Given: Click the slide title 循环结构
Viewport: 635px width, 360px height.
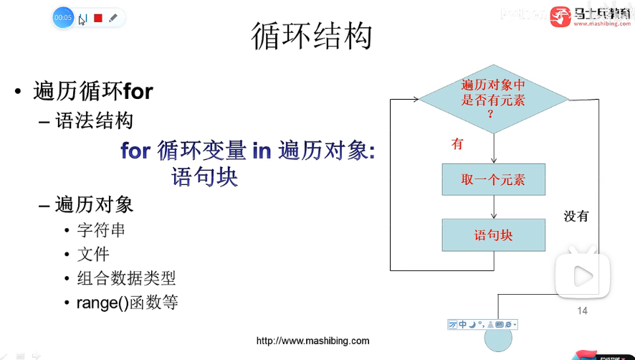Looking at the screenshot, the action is [312, 36].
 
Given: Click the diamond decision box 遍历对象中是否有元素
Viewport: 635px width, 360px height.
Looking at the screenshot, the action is [493, 99].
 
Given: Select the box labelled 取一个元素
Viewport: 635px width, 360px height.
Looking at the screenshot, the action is [493, 179].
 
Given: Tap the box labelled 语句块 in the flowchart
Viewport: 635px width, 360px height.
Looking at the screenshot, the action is [493, 235].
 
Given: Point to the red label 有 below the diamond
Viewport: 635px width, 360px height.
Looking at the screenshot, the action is [457, 144].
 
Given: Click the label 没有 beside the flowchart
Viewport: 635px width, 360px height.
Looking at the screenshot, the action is [576, 215].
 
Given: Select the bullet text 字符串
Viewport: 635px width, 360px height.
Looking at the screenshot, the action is [101, 231].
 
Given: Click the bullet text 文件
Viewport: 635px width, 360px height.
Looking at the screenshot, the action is [93, 254].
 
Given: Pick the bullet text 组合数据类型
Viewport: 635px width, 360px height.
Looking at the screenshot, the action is [126, 278].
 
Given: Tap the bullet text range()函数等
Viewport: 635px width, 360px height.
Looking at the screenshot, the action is [127, 302].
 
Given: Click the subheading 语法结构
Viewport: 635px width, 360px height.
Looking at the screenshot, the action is [95, 120].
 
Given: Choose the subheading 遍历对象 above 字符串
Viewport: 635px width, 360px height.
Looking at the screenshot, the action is [95, 204].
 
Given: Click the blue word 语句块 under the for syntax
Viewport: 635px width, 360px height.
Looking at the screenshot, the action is [204, 176].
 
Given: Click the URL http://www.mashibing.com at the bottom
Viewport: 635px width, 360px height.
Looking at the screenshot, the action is [313, 341].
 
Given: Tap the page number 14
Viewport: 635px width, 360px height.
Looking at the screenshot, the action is [582, 311].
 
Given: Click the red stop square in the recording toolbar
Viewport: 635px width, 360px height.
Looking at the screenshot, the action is [98, 18].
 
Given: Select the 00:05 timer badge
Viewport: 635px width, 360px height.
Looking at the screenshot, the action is [63, 17].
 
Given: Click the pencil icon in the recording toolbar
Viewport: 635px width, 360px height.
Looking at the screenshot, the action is [113, 18].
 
